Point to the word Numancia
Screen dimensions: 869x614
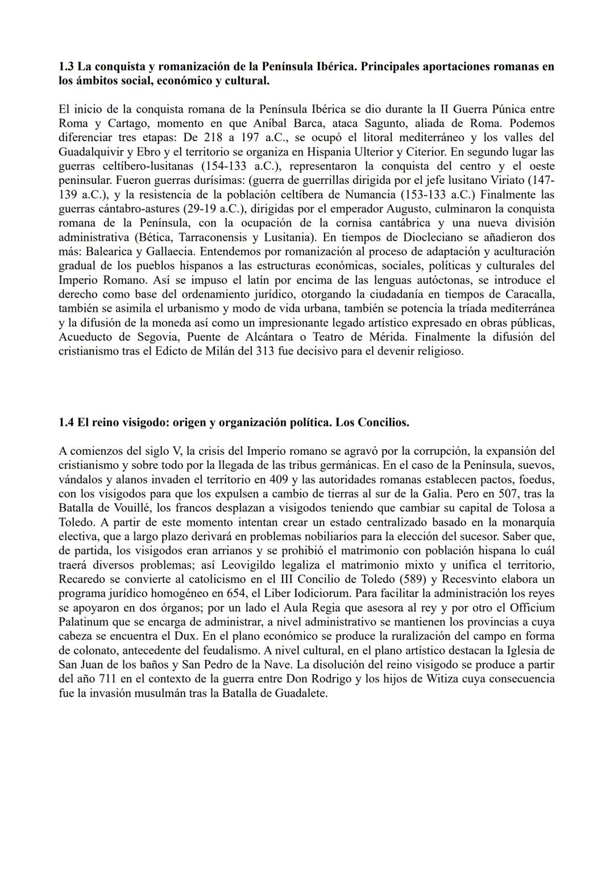tap(373, 195)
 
